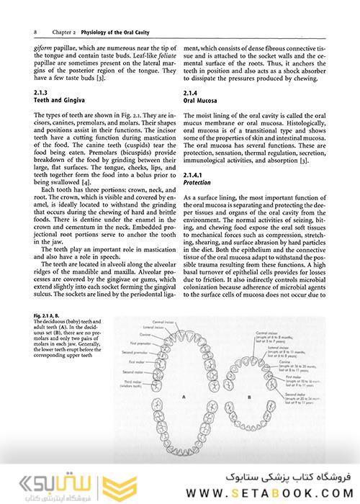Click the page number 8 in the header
36,32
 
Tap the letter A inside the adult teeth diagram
183,396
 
